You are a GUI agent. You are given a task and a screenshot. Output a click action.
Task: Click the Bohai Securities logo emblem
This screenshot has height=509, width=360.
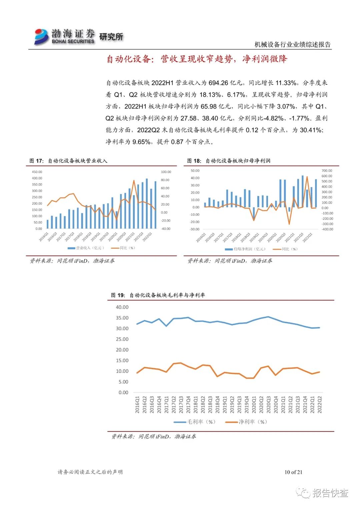point(41,36)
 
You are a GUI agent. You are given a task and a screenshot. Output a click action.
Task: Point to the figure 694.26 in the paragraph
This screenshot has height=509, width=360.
point(219,83)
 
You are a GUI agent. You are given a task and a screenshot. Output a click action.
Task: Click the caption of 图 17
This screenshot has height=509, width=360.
point(68,161)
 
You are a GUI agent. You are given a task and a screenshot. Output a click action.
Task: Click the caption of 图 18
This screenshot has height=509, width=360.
point(229,161)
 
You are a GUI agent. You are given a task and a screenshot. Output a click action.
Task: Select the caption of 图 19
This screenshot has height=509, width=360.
point(158,295)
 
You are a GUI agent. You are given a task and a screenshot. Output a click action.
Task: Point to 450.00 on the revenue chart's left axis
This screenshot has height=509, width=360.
point(37,172)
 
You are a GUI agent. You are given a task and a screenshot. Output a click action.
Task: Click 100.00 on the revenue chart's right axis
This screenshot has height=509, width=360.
point(166,172)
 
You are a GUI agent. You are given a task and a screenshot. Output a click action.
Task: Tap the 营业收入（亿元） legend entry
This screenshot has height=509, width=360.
point(87,248)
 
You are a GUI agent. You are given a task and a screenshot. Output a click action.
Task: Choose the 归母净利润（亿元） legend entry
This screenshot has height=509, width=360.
point(246,249)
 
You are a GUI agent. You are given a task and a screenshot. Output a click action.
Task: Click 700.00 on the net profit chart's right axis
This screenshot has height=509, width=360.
point(327,171)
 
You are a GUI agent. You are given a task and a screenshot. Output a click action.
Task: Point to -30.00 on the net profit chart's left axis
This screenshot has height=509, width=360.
point(195,229)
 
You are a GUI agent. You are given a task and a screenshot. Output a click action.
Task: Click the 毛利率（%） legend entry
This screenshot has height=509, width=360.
point(195,422)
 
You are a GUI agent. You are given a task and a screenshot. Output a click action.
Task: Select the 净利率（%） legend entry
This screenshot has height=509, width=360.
point(247,422)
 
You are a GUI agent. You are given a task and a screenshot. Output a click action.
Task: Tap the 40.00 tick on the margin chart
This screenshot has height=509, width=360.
point(122,307)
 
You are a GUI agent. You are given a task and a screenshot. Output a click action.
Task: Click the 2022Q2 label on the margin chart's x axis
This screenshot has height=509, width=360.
point(320,405)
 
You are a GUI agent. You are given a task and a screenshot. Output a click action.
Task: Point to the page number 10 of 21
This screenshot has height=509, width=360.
point(293,472)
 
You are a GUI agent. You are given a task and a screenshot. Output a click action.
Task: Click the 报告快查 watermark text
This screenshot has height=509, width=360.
point(330,493)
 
